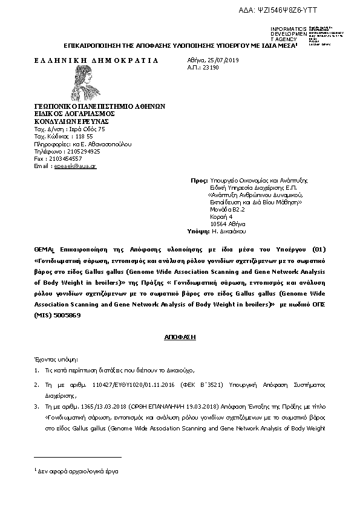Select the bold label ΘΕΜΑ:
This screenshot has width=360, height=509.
pyautogui.click(x=45, y=250)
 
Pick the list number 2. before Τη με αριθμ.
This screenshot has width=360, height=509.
pyautogui.click(x=36, y=384)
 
